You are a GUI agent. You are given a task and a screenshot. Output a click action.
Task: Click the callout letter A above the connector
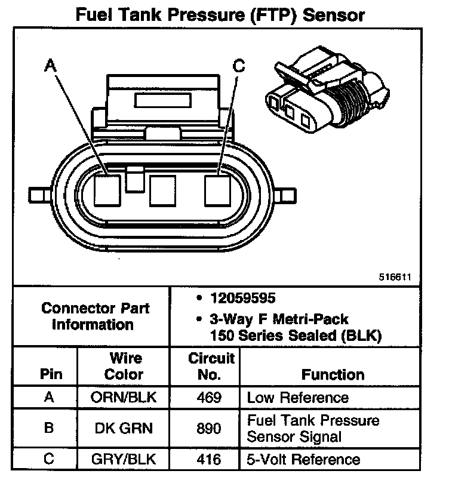pyautogui.click(x=51, y=67)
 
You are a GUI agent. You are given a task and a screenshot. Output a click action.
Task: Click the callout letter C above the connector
pyautogui.click(x=239, y=67)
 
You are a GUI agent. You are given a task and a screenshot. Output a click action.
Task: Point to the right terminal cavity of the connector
pyautogui.click(x=218, y=190)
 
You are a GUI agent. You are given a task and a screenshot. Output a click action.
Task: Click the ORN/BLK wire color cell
pyautogui.click(x=124, y=397)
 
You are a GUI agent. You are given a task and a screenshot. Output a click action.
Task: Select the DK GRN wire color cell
pyautogui.click(x=124, y=428)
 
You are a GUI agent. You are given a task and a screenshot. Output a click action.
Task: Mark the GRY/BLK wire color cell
pyautogui.click(x=124, y=459)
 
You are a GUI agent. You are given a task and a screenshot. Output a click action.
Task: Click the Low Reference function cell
pyautogui.click(x=297, y=397)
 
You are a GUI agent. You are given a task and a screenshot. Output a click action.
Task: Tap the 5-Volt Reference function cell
pyautogui.click(x=303, y=459)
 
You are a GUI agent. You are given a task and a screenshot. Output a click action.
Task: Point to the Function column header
pyautogui.click(x=333, y=375)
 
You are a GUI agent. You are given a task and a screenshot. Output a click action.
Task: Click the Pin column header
pyautogui.click(x=51, y=375)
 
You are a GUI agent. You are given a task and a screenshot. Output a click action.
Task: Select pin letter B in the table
pyautogui.click(x=51, y=428)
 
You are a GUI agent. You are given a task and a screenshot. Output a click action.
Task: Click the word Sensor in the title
pyautogui.click(x=334, y=15)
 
